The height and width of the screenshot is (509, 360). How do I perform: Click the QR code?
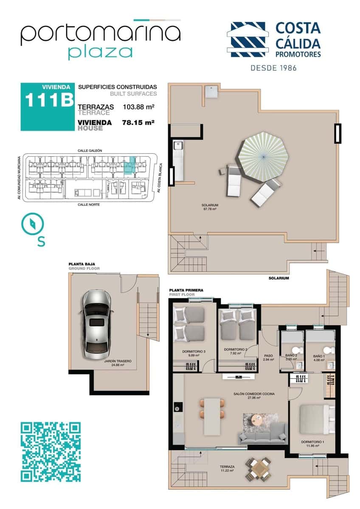(51, 451)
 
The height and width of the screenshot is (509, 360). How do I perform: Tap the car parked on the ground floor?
(96, 322)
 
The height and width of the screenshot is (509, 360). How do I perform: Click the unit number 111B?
(48, 101)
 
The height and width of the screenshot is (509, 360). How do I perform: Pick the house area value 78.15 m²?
(138, 122)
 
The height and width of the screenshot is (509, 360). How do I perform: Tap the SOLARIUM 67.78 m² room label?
(210, 207)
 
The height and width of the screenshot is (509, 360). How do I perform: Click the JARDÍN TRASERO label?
(118, 363)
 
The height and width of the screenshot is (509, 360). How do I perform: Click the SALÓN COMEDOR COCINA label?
(254, 396)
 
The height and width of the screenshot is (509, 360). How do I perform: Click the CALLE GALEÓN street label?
(90, 151)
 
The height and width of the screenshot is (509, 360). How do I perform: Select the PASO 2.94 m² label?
(268, 358)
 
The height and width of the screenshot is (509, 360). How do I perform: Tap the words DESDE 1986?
(273, 67)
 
